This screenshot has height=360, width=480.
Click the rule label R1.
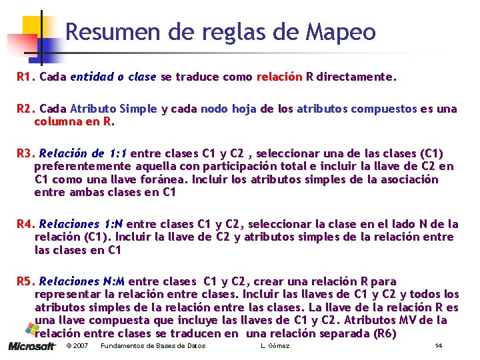[x=25, y=77]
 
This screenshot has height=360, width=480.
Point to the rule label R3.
[x=25, y=154]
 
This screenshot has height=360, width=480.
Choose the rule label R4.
[x=25, y=223]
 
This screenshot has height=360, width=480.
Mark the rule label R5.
[x=25, y=282]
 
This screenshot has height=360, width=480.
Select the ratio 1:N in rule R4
[x=111, y=223]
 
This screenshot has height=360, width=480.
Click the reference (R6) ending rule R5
[x=385, y=333]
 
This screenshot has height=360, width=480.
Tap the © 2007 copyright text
[x=77, y=346]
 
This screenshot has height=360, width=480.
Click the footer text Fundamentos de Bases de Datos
[x=153, y=346]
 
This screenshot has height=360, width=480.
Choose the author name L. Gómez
[x=275, y=346]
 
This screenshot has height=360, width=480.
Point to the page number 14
[x=438, y=346]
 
